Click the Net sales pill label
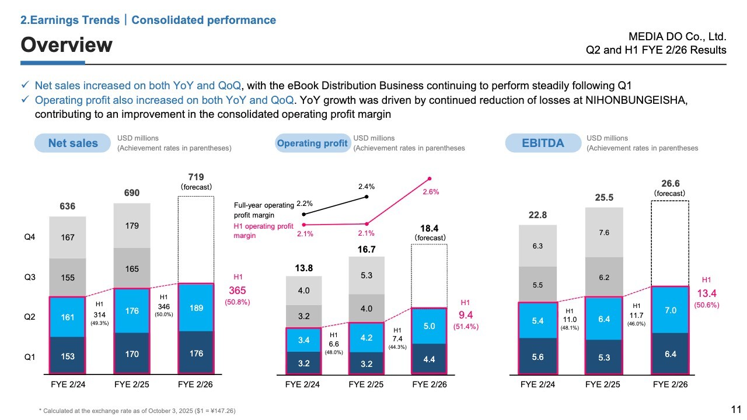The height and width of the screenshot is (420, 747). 73,143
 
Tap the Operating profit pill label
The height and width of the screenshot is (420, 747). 312,143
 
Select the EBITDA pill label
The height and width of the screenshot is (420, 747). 543,143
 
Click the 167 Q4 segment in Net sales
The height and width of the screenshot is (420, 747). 68,237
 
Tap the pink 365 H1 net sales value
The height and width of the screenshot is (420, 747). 236,290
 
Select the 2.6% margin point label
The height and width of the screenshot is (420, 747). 430,191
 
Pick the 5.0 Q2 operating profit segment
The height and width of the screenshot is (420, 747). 430,325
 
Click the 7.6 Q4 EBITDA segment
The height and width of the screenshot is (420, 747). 604,232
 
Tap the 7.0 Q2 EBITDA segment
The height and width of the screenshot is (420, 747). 671,310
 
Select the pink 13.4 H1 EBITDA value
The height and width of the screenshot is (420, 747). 706,293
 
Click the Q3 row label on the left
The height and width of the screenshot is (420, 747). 30,278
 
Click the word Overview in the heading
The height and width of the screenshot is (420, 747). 67,44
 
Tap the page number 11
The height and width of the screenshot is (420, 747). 736,409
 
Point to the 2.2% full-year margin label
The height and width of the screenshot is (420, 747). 305,204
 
